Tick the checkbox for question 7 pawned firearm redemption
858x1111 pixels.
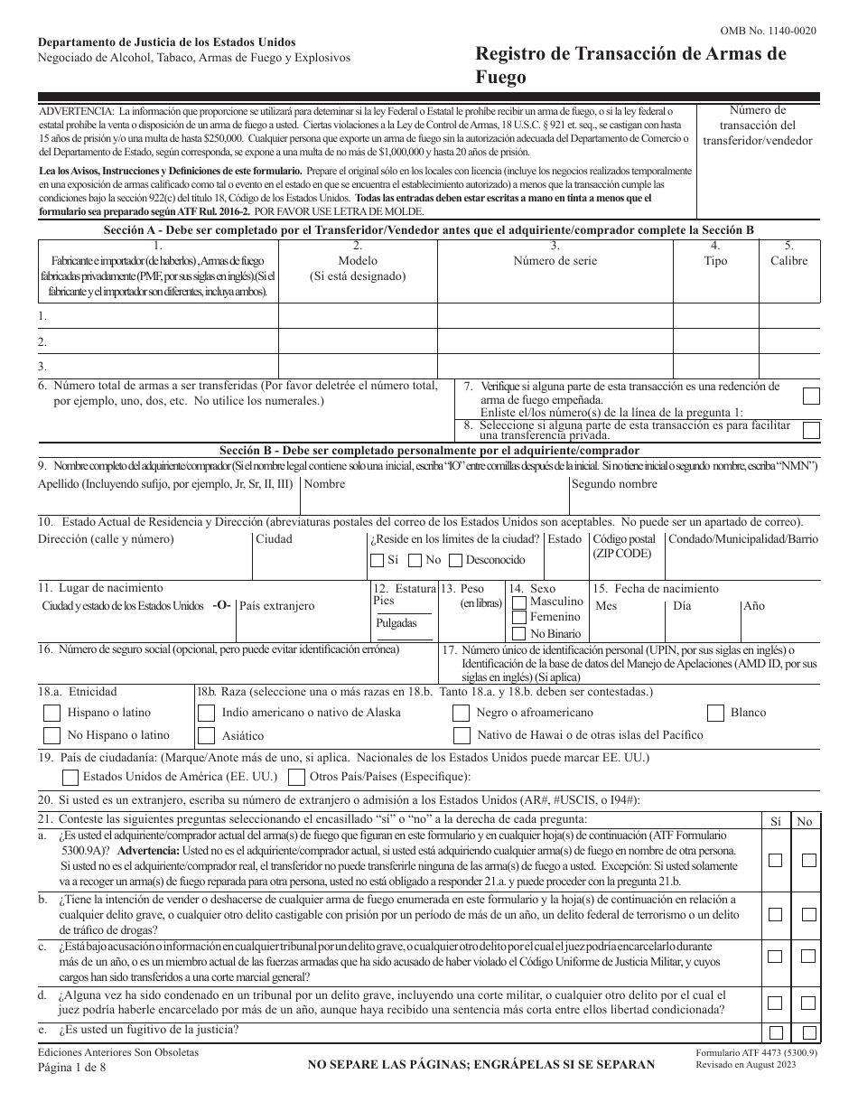(811, 395)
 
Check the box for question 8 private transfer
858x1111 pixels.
(811, 430)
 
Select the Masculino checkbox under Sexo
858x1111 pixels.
(518, 602)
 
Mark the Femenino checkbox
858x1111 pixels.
(518, 617)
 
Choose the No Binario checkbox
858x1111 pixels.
(518, 633)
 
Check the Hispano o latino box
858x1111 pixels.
(52, 713)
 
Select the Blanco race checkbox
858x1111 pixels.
(715, 713)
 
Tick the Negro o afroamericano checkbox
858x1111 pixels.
(461, 713)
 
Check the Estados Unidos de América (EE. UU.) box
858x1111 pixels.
(70, 777)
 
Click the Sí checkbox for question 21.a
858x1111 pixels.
(775, 860)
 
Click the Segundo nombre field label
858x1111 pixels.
(614, 484)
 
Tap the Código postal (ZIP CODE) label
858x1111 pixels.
(624, 546)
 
